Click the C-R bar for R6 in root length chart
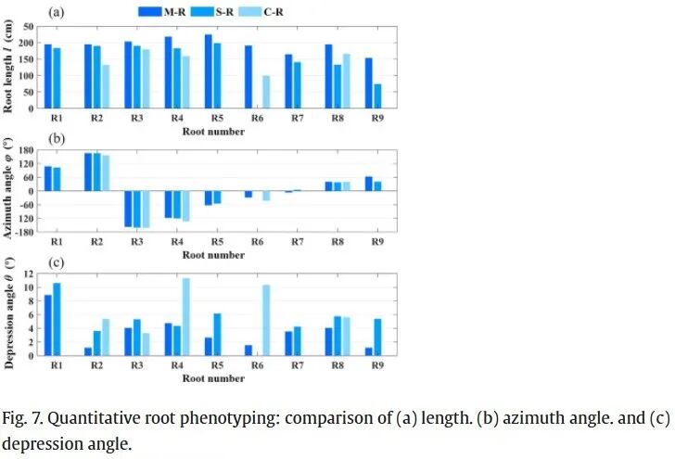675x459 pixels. pos(266,92)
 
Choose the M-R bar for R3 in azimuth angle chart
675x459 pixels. pos(128,209)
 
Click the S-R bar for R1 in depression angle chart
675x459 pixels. pos(57,319)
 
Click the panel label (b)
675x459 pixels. pos(56,138)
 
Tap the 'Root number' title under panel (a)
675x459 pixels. pos(213,131)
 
